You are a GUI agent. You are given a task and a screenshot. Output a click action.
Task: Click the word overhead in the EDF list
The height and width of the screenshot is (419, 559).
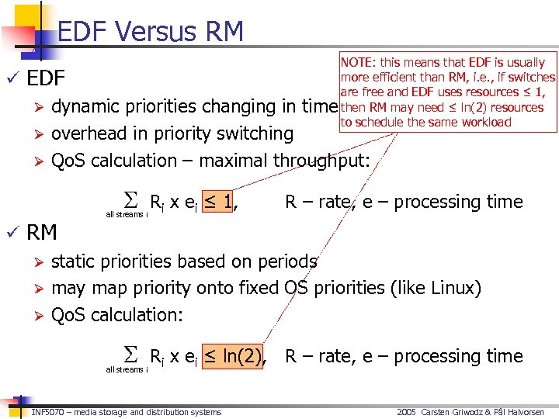coord(87,133)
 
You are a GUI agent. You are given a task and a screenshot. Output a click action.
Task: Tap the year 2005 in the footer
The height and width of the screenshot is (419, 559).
coord(407,412)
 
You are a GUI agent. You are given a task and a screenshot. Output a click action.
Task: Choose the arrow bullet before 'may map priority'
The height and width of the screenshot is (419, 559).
coord(36,289)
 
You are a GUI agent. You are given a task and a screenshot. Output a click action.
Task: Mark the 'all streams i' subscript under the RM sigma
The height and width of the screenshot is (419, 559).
coord(126,370)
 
